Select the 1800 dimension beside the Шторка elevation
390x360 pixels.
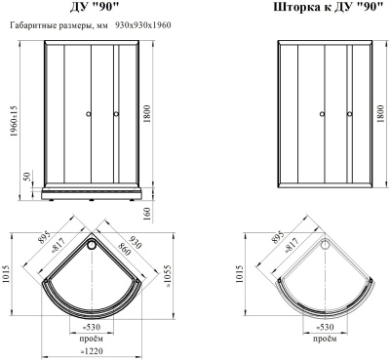click(x=379, y=115)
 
